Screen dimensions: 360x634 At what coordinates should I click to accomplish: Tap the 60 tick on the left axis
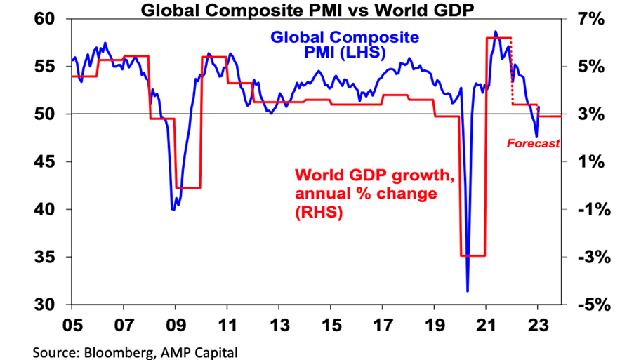pos(53,19)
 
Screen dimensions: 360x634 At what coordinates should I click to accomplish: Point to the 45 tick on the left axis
pos(53,162)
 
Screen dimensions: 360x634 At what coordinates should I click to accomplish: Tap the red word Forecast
pos(534,143)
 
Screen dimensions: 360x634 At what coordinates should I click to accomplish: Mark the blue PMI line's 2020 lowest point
pos(468,291)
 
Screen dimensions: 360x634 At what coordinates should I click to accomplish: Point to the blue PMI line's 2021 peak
pos(496,32)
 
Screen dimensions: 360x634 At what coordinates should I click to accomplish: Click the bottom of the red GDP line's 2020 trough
pos(473,255)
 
